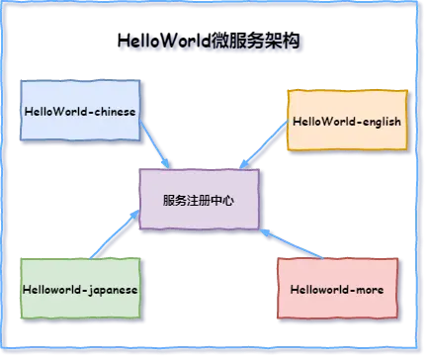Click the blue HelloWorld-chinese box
pyautogui.click(x=80, y=112)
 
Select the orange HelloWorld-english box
pyautogui.click(x=346, y=121)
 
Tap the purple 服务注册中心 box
pyautogui.click(x=200, y=200)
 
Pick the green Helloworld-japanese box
pyautogui.click(x=80, y=288)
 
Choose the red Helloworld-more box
pyautogui.click(x=337, y=289)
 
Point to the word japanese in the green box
pyautogui.click(x=108, y=289)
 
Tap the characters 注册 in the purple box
pyautogui.click(x=200, y=200)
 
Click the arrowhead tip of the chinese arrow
pyautogui.click(x=175, y=166)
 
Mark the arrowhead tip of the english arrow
pyautogui.click(x=237, y=165)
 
